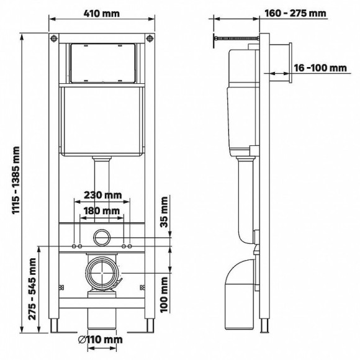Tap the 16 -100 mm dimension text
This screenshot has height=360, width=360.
tap(321, 67)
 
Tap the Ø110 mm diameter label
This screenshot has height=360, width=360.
tap(102, 340)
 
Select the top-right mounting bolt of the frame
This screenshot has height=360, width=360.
tap(149, 42)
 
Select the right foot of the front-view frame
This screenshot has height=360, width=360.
tap(149, 325)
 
